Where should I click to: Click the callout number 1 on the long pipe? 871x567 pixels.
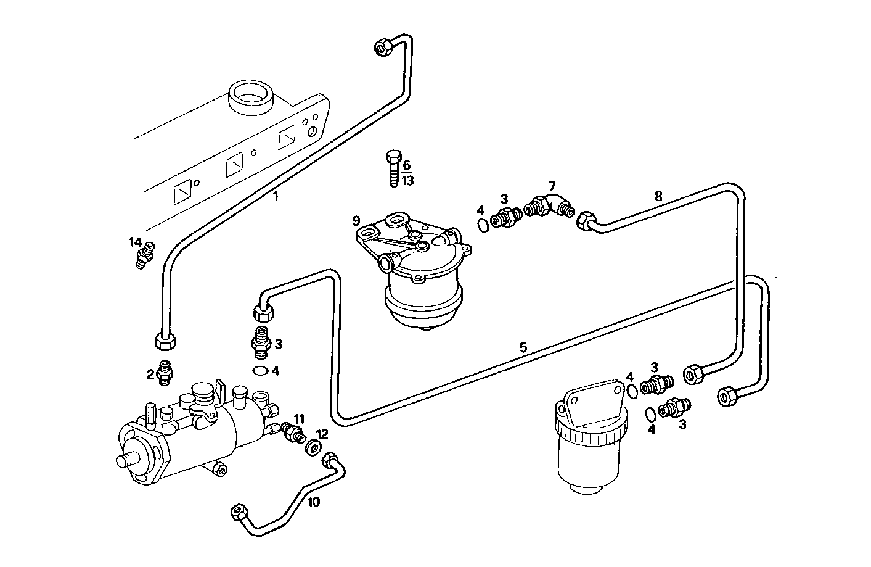pyautogui.click(x=276, y=197)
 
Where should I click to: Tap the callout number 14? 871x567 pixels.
pyautogui.click(x=135, y=241)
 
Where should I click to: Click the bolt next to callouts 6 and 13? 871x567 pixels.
pyautogui.click(x=393, y=167)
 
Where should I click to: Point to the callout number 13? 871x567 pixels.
pyautogui.click(x=408, y=181)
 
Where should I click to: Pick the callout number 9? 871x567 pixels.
pyautogui.click(x=356, y=220)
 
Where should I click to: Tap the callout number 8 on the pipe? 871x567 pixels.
pyautogui.click(x=658, y=196)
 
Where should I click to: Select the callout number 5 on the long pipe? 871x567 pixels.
pyautogui.click(x=523, y=347)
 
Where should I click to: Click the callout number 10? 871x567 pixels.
pyautogui.click(x=314, y=502)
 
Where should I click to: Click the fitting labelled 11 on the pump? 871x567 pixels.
pyautogui.click(x=292, y=433)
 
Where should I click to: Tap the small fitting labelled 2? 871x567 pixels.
pyautogui.click(x=165, y=373)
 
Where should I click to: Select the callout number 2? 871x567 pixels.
pyautogui.click(x=150, y=373)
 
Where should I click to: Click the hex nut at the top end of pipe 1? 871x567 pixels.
pyautogui.click(x=383, y=48)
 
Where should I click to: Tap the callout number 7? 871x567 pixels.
pyautogui.click(x=552, y=185)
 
